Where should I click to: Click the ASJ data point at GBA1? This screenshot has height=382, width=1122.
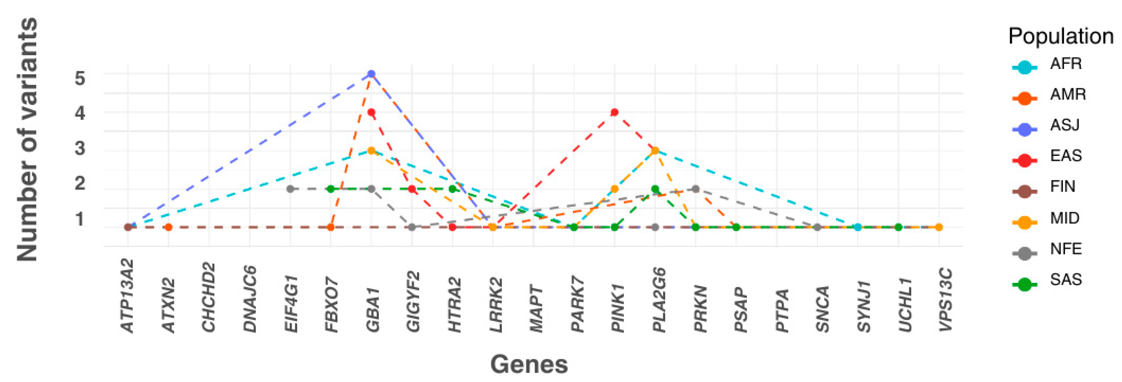371,74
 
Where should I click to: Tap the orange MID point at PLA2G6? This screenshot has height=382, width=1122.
655,151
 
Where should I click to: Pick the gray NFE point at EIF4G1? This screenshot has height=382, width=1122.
290,189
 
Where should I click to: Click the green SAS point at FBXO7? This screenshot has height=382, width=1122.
331,189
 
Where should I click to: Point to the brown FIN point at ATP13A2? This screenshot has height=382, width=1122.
128,227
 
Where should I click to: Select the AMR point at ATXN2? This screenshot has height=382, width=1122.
169,227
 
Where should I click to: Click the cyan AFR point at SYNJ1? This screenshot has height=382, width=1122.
858,227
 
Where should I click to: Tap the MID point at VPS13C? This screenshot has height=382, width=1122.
939,227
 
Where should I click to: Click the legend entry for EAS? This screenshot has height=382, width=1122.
1066,156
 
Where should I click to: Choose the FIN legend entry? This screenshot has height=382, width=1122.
1062,187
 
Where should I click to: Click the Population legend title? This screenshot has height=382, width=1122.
1061,36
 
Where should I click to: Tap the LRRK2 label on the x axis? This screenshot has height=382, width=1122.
496,305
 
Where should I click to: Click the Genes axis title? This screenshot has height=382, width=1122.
529,364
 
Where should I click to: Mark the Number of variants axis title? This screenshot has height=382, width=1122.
27,139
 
